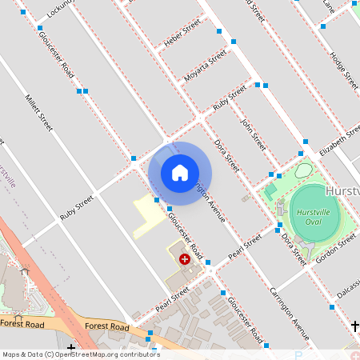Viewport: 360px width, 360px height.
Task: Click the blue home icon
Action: click(180, 172)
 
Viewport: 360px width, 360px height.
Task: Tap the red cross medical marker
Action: click(185, 259)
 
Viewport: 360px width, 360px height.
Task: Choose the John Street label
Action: click(253, 130)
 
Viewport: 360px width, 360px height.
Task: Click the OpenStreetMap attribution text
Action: click(80, 354)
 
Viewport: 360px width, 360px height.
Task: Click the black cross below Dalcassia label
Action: click(355, 326)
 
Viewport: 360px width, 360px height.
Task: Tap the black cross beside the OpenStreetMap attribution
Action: click(71, 347)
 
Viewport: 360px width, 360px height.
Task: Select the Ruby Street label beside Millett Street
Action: click(76, 207)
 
